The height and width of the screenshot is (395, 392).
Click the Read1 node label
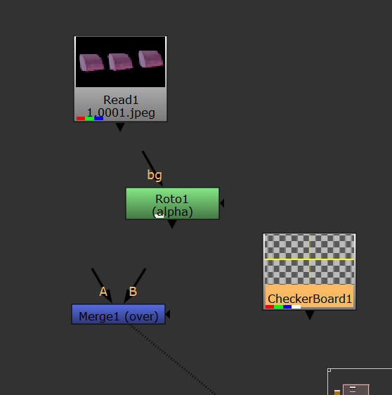[121, 100]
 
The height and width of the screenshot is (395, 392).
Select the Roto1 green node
[172, 203]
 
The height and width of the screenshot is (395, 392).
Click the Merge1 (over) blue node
[118, 314]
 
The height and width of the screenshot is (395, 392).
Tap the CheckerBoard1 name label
[310, 299]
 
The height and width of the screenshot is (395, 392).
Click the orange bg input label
[155, 175]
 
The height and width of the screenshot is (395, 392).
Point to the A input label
[103, 292]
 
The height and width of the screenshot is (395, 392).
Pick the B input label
[133, 292]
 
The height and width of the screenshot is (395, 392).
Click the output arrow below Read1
[120, 127]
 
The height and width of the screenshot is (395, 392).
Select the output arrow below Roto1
[172, 224]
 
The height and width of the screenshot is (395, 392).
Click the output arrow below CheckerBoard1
[310, 315]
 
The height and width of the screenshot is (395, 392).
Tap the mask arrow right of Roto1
[222, 203]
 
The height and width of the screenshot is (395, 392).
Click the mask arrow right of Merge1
[168, 314]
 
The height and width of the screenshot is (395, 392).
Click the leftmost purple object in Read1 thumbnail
[91, 63]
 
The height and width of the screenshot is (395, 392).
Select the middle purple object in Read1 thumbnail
[120, 62]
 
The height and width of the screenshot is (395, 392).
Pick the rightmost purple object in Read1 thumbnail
[151, 59]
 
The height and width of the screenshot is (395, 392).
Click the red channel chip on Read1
[81, 118]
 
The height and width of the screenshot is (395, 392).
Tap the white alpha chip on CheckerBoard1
[296, 307]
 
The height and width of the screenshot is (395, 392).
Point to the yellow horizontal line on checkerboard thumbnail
[309, 259]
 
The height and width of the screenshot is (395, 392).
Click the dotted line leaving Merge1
[173, 360]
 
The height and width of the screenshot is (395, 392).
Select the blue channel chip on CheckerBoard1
[287, 307]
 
